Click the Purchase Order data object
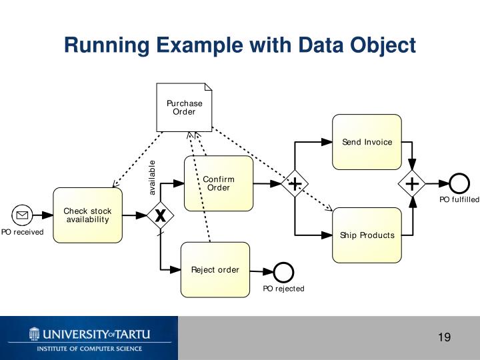(x=184, y=107)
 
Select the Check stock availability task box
(x=87, y=215)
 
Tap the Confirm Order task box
(x=219, y=183)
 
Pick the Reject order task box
(x=215, y=270)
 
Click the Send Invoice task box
(x=367, y=142)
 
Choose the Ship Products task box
(x=367, y=235)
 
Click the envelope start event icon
(x=22, y=215)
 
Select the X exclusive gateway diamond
(x=160, y=215)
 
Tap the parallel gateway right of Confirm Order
(x=294, y=183)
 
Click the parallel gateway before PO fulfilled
(x=412, y=183)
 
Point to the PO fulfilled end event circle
(x=459, y=183)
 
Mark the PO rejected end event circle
(x=283, y=272)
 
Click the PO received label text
(x=22, y=232)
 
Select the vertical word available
(x=152, y=177)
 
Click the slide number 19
(x=444, y=337)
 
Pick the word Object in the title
(x=382, y=45)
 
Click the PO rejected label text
(x=283, y=289)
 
